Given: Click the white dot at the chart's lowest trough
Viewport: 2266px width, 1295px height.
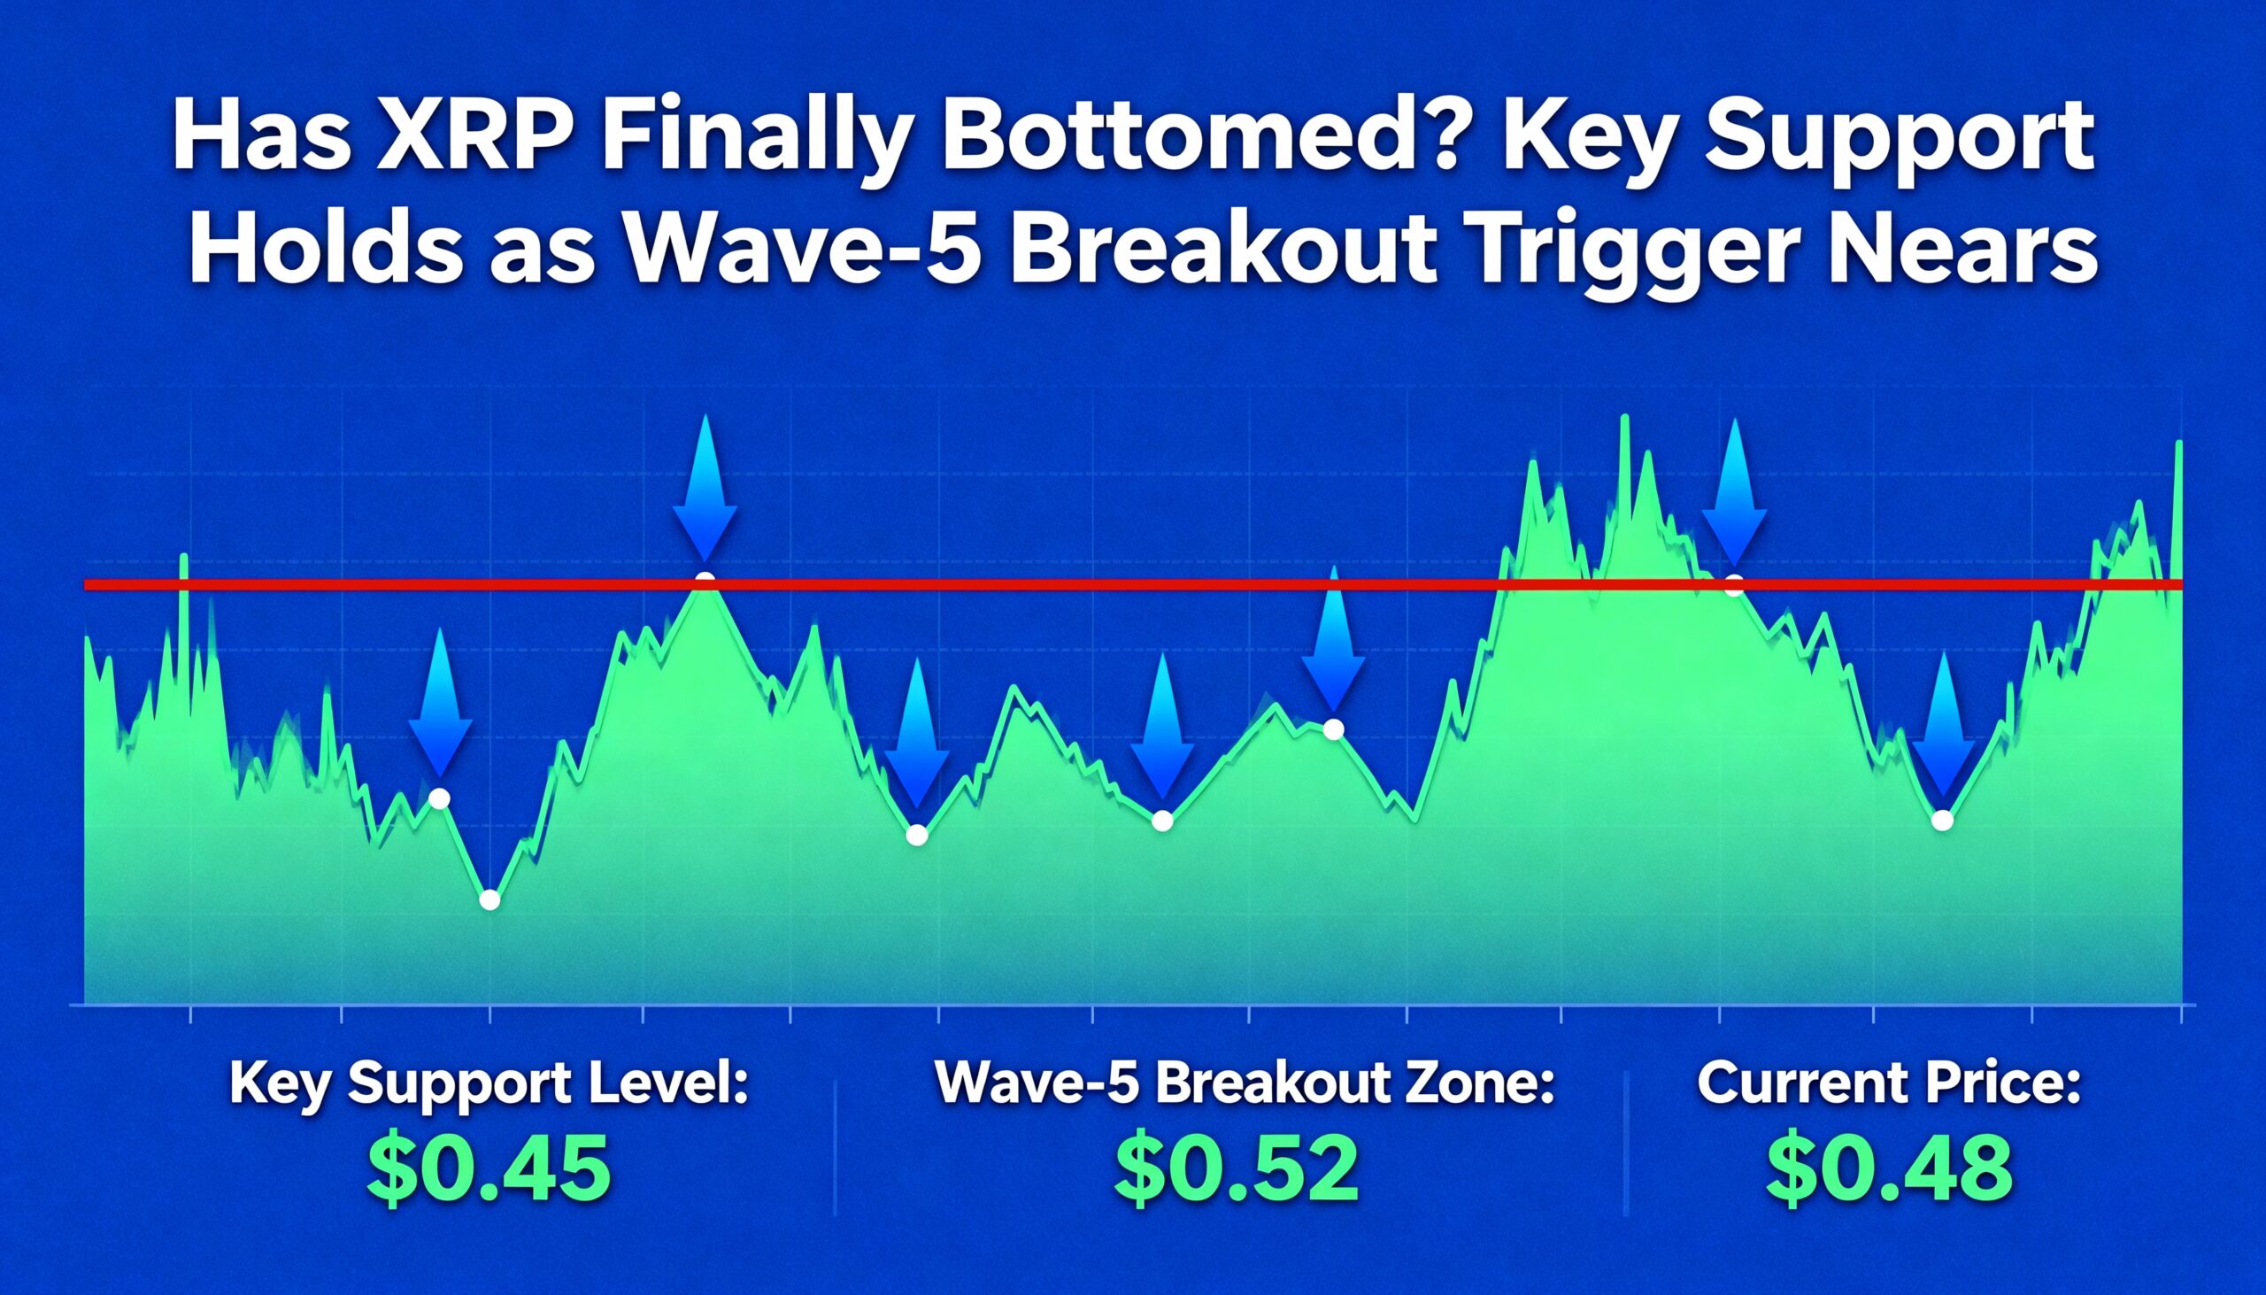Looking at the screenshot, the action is pos(489,900).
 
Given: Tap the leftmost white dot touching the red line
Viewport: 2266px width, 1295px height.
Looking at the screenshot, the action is pos(705,582).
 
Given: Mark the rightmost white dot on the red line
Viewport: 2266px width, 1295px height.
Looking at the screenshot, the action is pos(1733,585).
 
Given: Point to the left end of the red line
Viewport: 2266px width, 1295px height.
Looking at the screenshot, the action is pos(84,584).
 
